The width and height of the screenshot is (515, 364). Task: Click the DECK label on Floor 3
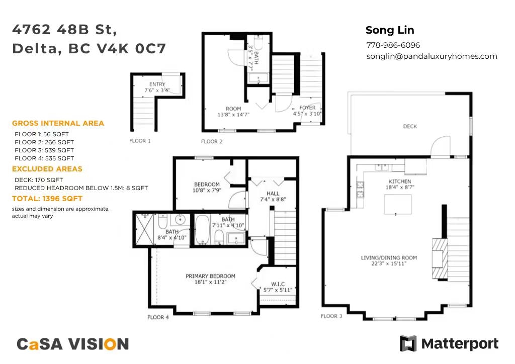[x=410, y=126]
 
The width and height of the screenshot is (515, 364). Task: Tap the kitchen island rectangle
[x=398, y=204]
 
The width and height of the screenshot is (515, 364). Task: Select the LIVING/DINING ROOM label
[x=389, y=258]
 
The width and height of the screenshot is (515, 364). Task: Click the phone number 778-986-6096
[x=393, y=45]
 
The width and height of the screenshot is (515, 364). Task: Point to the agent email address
[x=432, y=56]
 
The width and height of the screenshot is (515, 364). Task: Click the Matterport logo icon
[x=408, y=343]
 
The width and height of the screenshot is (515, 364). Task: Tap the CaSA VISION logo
[x=72, y=344]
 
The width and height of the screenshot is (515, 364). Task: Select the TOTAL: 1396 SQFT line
[x=47, y=199]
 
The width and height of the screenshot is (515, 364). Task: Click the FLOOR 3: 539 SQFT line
[x=44, y=150]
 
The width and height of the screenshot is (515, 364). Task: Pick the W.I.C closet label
[x=278, y=284]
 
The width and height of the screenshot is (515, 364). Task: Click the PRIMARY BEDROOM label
[x=211, y=276]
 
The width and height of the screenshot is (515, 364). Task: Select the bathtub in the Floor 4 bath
[x=202, y=230]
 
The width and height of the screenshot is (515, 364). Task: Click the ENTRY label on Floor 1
[x=157, y=84]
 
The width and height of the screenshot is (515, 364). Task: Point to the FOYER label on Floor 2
[x=307, y=108]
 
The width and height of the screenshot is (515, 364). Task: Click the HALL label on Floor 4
[x=273, y=194]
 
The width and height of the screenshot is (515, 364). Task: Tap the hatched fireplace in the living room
[x=440, y=258]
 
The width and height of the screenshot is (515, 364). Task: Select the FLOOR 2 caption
[x=212, y=141]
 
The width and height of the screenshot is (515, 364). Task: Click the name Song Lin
[x=390, y=30]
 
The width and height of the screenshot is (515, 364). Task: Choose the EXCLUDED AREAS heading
[x=47, y=169]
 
